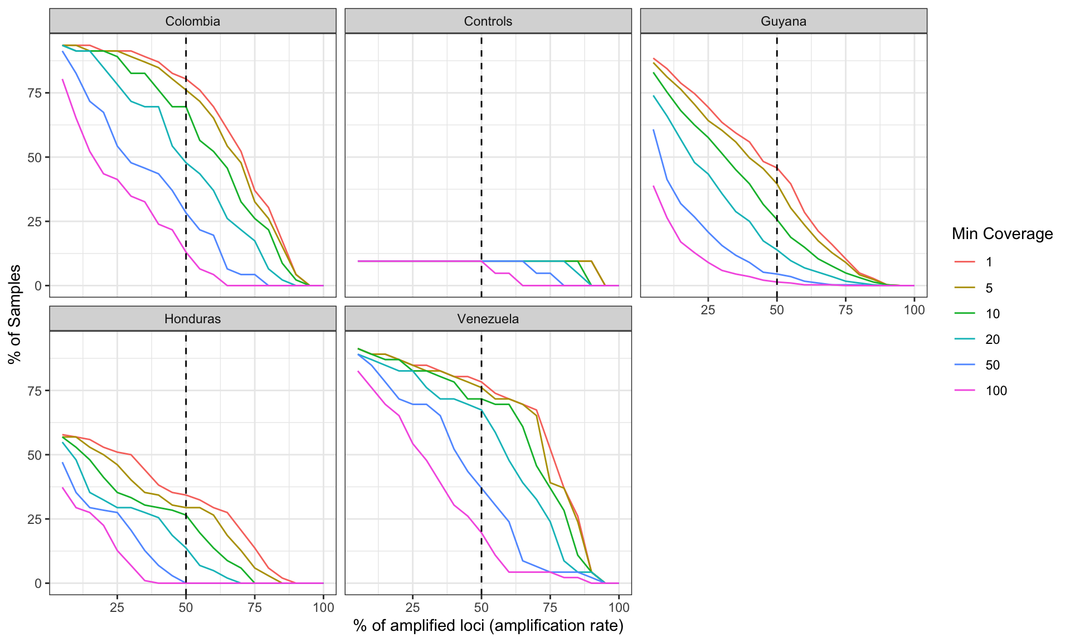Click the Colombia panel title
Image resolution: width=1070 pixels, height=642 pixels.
tap(192, 21)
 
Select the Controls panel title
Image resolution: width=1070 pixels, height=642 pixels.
tap(488, 21)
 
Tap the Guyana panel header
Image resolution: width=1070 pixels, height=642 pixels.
tap(783, 21)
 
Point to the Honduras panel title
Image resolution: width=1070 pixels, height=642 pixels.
tap(192, 319)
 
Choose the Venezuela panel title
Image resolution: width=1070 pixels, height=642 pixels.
tap(488, 319)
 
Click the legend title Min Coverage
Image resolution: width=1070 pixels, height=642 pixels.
tap(1002, 234)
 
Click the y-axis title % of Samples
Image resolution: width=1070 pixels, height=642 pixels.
tap(15, 314)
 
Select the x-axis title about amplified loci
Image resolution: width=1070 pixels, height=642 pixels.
tap(488, 626)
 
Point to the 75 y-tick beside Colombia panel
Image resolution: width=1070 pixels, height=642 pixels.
tap(35, 93)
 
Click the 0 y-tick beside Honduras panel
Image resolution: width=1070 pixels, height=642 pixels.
tap(38, 583)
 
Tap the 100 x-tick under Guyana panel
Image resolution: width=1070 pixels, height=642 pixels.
tap(914, 310)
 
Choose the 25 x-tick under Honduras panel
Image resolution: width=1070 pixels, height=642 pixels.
tap(117, 607)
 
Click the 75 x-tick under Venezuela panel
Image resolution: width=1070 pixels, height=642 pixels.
tap(550, 607)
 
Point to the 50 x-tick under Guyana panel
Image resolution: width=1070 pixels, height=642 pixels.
tap(776, 310)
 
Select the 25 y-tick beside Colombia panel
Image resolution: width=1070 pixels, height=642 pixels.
tap(35, 222)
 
